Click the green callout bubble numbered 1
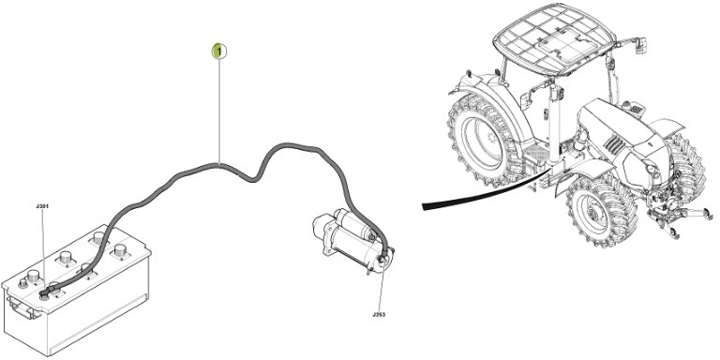point(217,50)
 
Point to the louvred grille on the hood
point(615,145)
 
